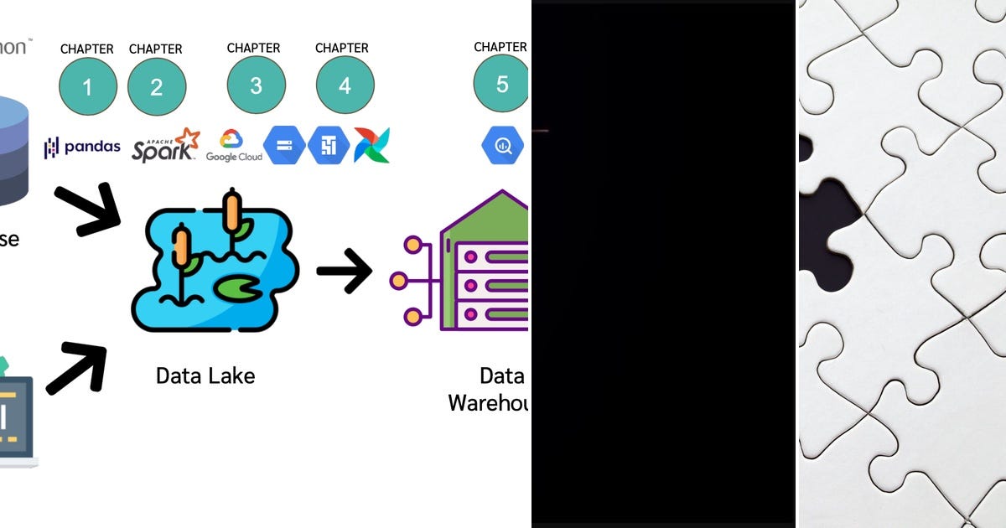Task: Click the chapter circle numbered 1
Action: coord(88,86)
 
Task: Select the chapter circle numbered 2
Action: coord(157,86)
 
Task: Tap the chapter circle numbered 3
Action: coord(257,85)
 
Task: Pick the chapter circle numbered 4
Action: coord(345,85)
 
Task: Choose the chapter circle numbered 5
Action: coord(501,84)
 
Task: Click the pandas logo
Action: coord(82,148)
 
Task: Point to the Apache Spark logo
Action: coord(166,145)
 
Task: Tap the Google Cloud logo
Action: coord(234,146)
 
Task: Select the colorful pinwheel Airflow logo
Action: coord(371,146)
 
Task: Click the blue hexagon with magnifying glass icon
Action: coord(502,146)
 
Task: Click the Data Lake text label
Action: coord(205,375)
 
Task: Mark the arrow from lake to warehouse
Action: coord(344,271)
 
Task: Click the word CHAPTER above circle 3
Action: coord(254,48)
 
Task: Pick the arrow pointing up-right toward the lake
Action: coord(78,368)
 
